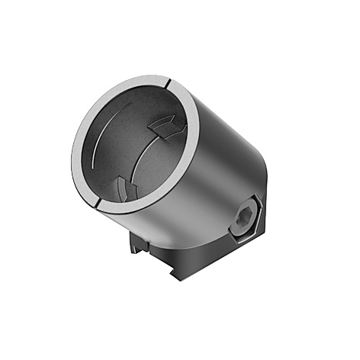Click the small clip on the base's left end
coord(137,243)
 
